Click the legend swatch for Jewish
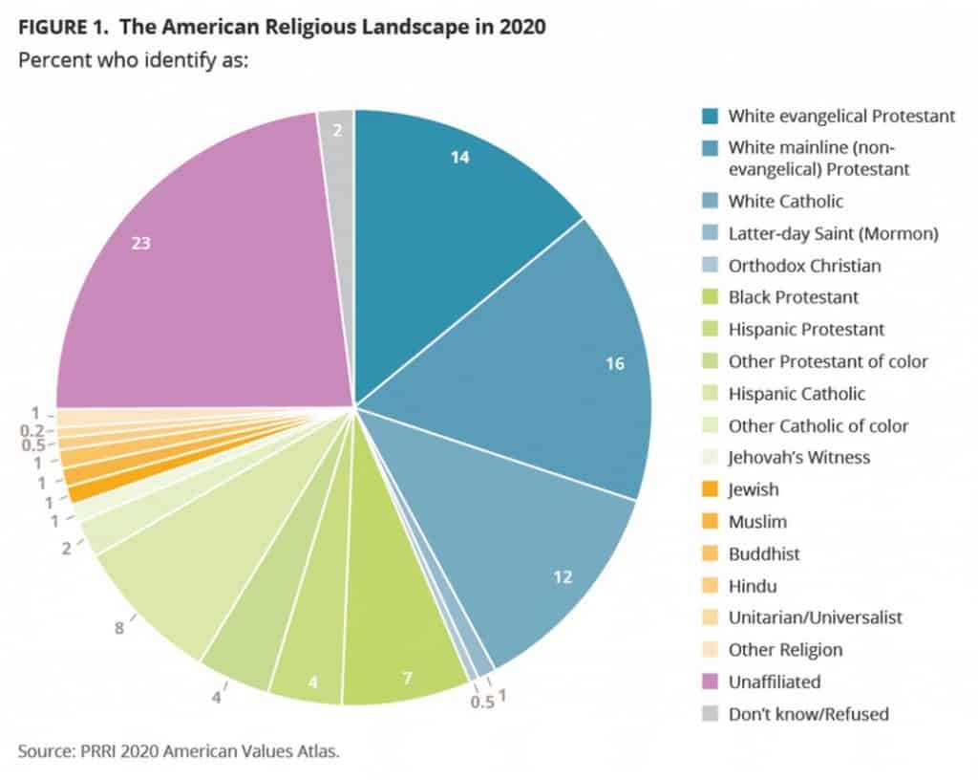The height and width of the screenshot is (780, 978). (x=709, y=489)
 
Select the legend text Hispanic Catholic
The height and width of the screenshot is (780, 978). (x=797, y=393)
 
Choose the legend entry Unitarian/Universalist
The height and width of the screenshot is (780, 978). (x=815, y=617)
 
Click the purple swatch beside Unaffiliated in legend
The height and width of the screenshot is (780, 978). (x=709, y=682)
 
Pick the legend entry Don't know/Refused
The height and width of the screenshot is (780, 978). (x=808, y=714)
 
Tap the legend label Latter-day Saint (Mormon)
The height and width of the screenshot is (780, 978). (x=820, y=233)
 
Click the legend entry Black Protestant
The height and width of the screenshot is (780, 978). (x=793, y=297)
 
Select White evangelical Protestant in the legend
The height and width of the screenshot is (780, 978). (x=841, y=116)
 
